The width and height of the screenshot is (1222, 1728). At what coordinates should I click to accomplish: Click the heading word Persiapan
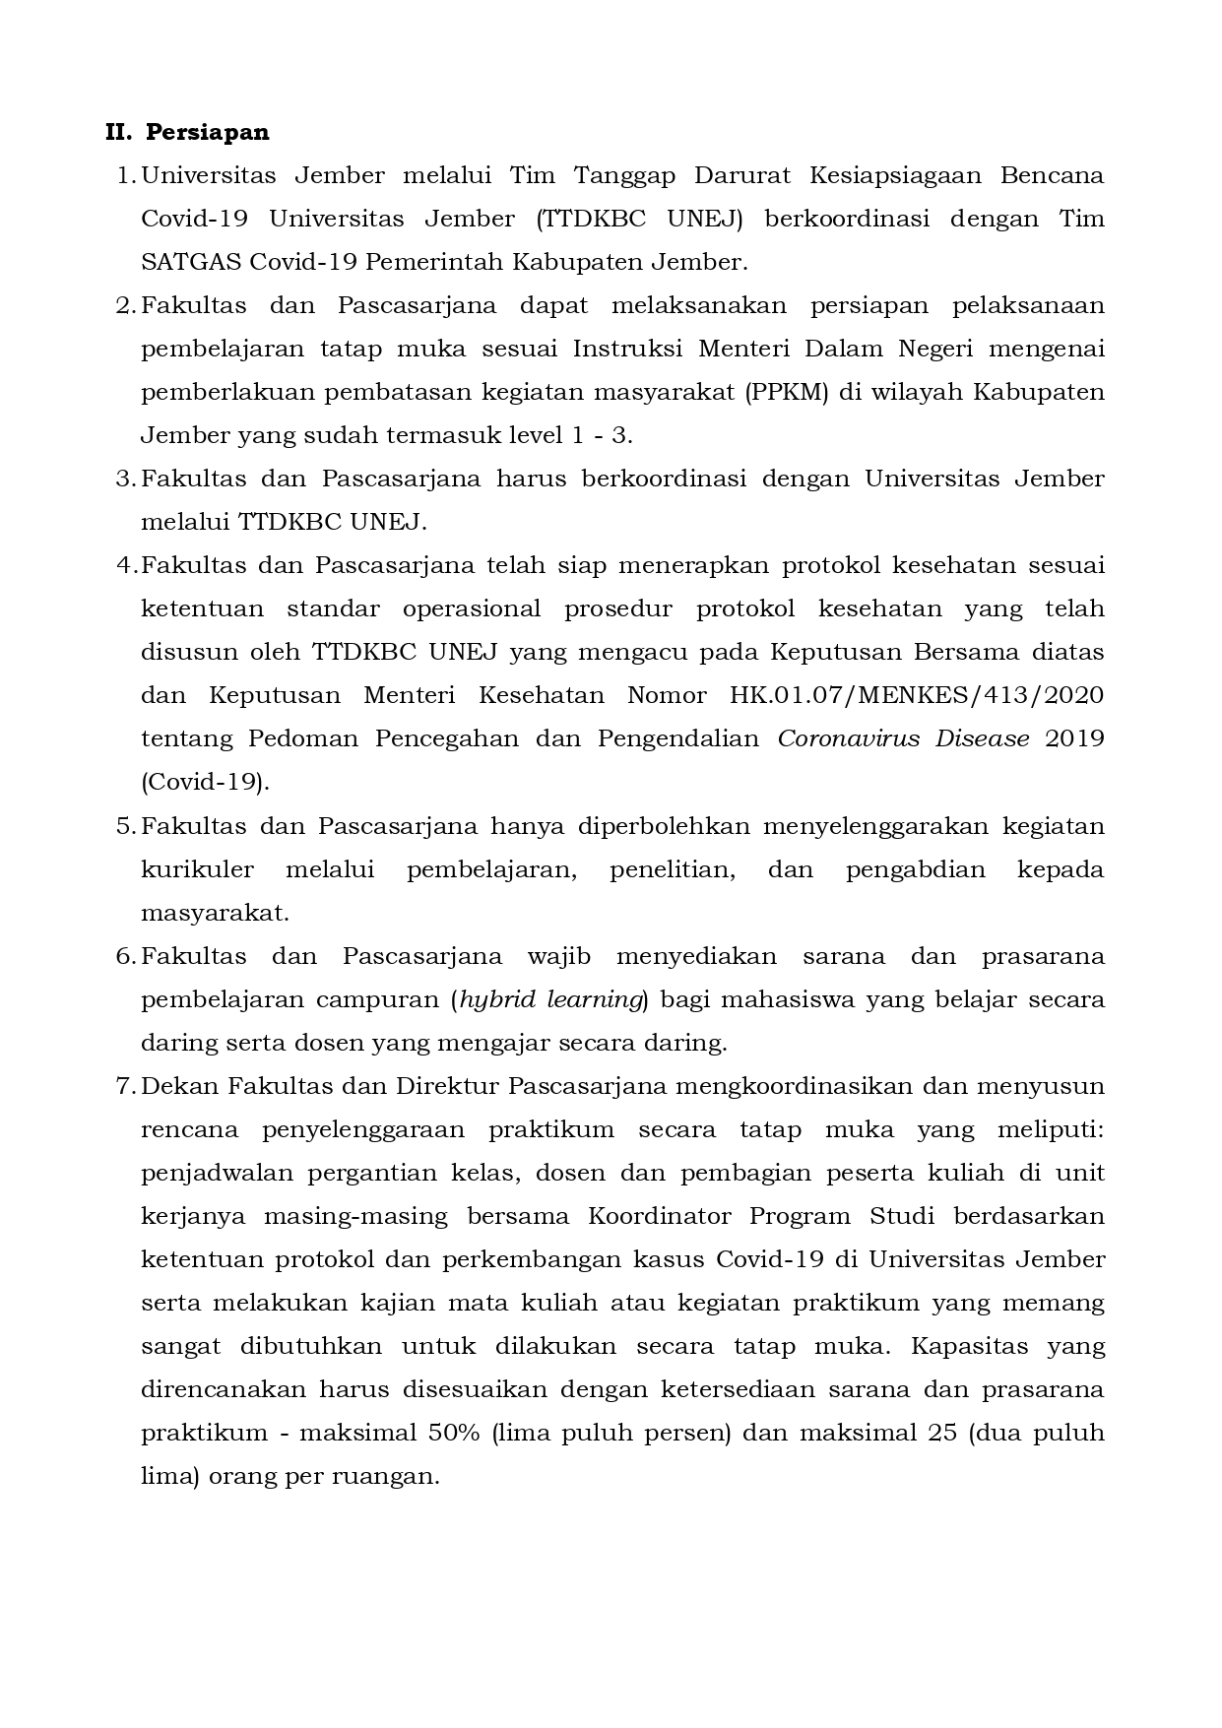tap(208, 132)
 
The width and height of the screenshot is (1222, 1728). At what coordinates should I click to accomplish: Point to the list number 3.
tap(124, 479)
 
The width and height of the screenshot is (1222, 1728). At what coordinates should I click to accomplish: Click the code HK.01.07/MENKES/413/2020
tap(916, 695)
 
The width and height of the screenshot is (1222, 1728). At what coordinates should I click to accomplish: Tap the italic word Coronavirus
tap(846, 738)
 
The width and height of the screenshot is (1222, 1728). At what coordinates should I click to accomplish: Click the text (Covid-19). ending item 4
tap(204, 782)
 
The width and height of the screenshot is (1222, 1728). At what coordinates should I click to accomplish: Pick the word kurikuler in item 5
tap(197, 869)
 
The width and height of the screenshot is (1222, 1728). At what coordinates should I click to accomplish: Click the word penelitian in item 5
tap(672, 869)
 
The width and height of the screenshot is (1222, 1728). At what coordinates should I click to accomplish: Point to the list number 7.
tap(124, 1086)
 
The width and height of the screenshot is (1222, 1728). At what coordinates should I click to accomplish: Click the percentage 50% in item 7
tap(453, 1433)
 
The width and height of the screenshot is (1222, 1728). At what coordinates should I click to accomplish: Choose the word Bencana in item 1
tap(1052, 175)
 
